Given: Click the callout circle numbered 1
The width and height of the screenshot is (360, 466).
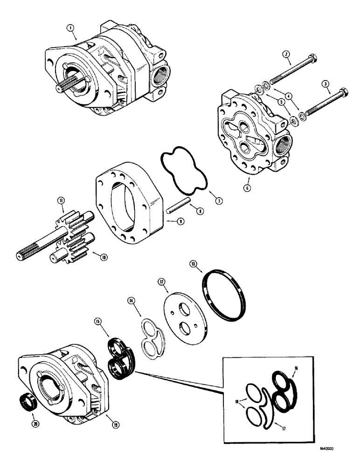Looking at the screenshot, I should pyautogui.click(x=71, y=28).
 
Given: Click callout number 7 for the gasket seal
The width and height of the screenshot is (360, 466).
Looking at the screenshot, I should pyautogui.click(x=219, y=201).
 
